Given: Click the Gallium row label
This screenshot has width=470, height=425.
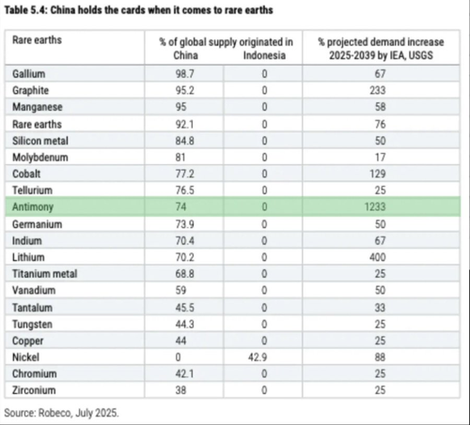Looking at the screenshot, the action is click(x=29, y=74).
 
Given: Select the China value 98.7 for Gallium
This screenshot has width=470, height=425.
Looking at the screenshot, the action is click(x=184, y=74).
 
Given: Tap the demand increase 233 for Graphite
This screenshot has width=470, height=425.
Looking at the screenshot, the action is click(x=377, y=90).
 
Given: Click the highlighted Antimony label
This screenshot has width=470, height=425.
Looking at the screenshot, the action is click(x=33, y=207).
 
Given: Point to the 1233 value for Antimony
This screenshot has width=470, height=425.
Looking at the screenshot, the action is click(x=375, y=206).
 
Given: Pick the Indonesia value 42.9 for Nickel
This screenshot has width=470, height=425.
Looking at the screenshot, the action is click(x=258, y=357).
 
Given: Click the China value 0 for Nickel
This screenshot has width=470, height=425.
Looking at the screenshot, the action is click(x=178, y=357).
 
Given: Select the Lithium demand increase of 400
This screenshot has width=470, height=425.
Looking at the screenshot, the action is click(x=377, y=257).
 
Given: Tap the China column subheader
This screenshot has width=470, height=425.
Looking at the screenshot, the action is click(x=185, y=55).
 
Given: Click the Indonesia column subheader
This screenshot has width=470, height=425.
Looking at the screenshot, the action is click(x=264, y=55).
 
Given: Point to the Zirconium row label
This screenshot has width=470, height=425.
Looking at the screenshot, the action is click(x=34, y=390).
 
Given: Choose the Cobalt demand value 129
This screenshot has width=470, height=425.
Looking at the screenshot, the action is click(x=377, y=174).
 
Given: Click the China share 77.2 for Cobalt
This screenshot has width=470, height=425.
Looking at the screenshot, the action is click(x=184, y=174).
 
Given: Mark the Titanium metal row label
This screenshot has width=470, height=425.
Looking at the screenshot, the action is click(x=44, y=274).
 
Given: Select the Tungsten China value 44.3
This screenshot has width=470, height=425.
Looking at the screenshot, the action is click(x=184, y=325).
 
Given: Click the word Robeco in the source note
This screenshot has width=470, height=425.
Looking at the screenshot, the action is click(x=55, y=413).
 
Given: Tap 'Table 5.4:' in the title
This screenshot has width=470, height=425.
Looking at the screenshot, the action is click(x=26, y=10).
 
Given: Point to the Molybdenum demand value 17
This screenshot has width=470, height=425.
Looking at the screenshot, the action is click(x=380, y=158).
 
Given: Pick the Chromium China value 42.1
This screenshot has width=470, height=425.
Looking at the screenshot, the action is click(x=184, y=373).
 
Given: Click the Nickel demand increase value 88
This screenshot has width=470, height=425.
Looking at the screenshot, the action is click(x=380, y=357).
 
